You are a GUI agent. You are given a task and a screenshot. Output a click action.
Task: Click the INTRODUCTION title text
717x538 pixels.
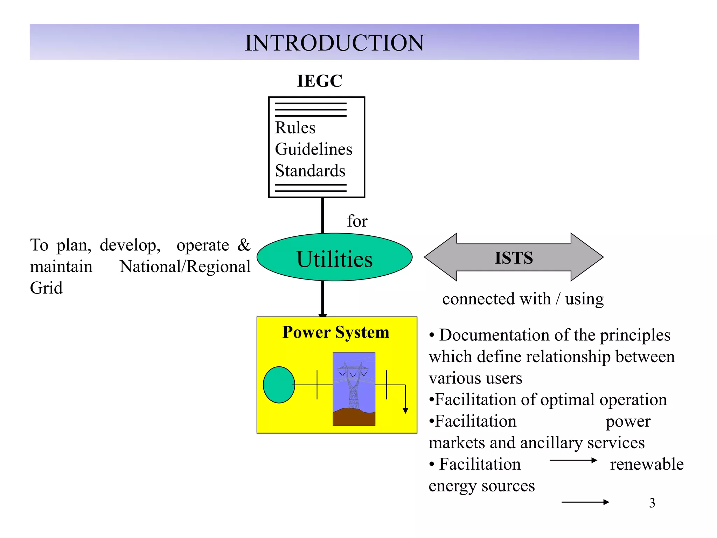point(334,43)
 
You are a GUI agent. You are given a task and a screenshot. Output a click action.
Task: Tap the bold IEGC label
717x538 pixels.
point(319,81)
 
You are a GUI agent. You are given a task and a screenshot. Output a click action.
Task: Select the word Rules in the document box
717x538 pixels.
point(295,127)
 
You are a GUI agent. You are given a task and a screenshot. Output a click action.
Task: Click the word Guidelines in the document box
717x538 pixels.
point(313,149)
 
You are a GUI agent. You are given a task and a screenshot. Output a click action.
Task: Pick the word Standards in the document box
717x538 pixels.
point(310,171)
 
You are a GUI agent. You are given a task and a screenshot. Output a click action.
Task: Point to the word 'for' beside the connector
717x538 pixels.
point(357,221)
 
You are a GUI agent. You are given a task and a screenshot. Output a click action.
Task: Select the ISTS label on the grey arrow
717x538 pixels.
point(514,258)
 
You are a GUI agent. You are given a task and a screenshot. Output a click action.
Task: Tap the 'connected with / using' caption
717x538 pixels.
point(523,299)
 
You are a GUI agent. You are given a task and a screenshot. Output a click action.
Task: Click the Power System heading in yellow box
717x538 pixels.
point(335,332)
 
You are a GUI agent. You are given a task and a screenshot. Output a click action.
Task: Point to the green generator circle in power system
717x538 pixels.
point(279,385)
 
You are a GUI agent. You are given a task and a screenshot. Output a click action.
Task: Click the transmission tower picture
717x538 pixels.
point(354,389)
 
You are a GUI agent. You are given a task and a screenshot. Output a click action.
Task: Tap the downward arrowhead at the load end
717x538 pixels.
point(405,411)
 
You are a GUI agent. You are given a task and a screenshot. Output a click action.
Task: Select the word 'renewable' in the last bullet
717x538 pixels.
point(646,464)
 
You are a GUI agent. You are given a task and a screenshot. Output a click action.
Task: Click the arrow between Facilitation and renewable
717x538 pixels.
point(573,460)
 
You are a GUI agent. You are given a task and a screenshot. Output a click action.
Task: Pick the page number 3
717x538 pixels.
point(652,503)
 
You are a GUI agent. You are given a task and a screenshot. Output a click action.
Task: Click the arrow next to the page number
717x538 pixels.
point(585,502)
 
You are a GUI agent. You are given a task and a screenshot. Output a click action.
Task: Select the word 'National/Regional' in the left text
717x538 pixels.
point(185,267)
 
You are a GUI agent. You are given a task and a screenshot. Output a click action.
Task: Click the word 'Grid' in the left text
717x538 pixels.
point(46,288)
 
